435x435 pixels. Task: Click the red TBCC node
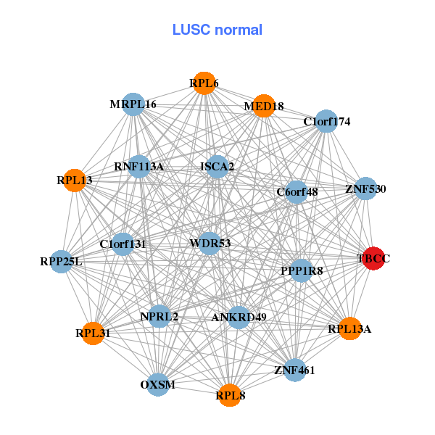(x=373, y=259)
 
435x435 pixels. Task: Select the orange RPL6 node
(x=204, y=83)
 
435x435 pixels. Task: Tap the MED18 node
(x=263, y=106)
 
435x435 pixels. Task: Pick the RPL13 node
(x=75, y=180)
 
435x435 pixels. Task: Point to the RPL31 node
(x=93, y=333)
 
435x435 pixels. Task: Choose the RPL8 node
(x=229, y=395)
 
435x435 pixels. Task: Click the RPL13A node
(x=349, y=328)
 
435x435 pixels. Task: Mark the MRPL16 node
(x=133, y=104)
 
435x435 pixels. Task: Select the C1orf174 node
(x=327, y=121)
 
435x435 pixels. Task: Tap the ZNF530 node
(x=365, y=188)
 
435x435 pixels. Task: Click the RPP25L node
(x=62, y=261)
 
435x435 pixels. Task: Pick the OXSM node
(x=158, y=384)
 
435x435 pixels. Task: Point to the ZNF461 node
(x=294, y=370)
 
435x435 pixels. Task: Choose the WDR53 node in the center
(x=210, y=243)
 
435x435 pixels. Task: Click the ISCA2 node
(x=217, y=167)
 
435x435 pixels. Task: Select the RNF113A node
(x=138, y=167)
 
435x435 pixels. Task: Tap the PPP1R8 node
(x=301, y=270)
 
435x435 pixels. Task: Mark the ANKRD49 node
(x=239, y=317)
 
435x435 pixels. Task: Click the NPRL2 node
(x=159, y=316)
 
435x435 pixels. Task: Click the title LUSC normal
(x=217, y=30)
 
